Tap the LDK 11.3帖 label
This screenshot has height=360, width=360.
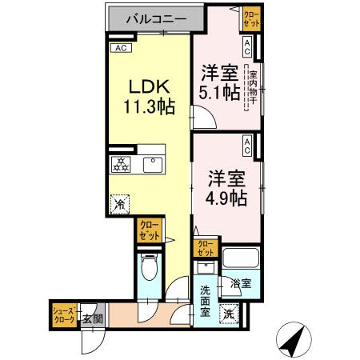146,93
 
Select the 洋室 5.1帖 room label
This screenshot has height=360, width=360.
219,82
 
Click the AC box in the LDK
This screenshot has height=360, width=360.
120,49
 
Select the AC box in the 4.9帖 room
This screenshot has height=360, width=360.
248,146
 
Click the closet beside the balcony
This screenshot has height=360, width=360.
251,18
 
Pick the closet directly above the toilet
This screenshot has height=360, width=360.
149,230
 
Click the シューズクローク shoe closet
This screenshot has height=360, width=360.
64,314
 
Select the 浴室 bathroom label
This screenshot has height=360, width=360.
241,283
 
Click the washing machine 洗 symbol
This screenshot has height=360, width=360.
229,314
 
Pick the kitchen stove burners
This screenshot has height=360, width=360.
120,164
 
